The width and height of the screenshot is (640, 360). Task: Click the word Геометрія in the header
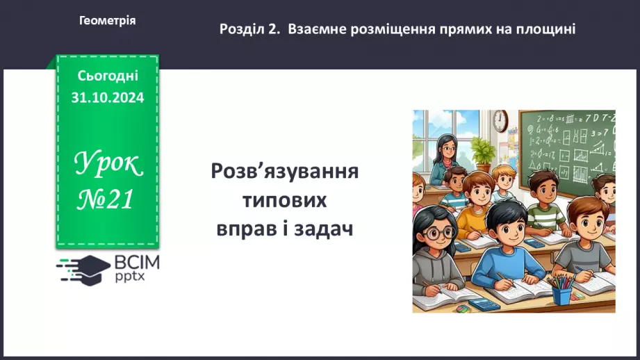pos(108,21)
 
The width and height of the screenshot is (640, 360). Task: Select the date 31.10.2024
pos(108,98)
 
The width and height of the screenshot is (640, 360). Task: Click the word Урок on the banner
pos(108,165)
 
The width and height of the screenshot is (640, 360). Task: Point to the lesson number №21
pos(107,200)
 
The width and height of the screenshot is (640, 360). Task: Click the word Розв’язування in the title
pos(285,172)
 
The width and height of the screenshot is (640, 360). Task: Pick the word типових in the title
pos(285,200)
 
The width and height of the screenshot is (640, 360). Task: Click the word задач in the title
pos(324,229)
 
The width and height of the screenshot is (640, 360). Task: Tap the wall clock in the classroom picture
pos(501,121)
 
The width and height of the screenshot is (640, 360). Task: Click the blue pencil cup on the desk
pos(561,293)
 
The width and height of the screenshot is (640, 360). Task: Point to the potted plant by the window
pos(482,152)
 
